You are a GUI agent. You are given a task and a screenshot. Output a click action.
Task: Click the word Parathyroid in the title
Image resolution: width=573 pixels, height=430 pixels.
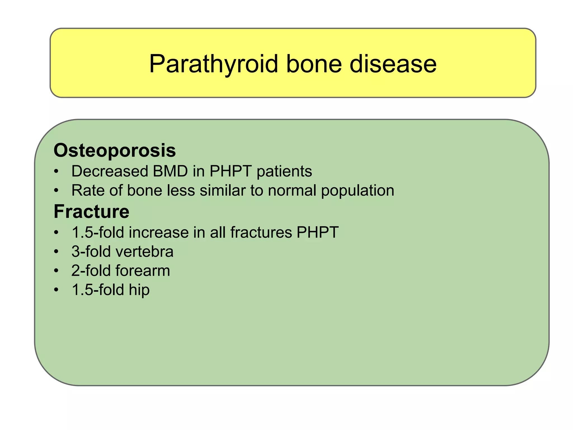pos(213,64)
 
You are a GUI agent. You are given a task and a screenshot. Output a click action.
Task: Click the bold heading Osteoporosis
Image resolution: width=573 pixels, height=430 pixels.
pos(114,150)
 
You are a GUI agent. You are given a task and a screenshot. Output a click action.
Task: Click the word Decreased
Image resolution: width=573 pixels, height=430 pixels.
pos(109,171)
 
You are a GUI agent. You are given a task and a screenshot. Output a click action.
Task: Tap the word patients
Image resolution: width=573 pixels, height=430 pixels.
pos(284,171)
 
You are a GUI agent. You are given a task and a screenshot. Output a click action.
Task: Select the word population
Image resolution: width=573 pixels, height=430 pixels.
pos(358,191)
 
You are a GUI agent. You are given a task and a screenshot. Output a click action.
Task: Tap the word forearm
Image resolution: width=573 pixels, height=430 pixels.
pos(143,270)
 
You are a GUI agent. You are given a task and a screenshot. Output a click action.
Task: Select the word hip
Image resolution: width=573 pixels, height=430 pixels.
pos(139,290)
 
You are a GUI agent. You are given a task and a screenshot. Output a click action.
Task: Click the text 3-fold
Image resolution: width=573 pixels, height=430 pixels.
pos(91,251)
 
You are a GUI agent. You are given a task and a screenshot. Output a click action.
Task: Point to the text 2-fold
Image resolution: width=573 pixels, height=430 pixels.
pos(91,270)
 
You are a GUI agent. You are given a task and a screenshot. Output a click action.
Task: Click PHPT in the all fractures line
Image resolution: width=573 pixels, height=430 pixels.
pos(318,232)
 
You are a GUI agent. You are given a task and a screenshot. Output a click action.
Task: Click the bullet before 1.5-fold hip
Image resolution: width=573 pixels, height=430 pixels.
pos(57,290)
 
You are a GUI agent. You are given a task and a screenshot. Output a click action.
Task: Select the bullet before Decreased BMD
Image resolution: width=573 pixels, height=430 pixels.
pos(57,171)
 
